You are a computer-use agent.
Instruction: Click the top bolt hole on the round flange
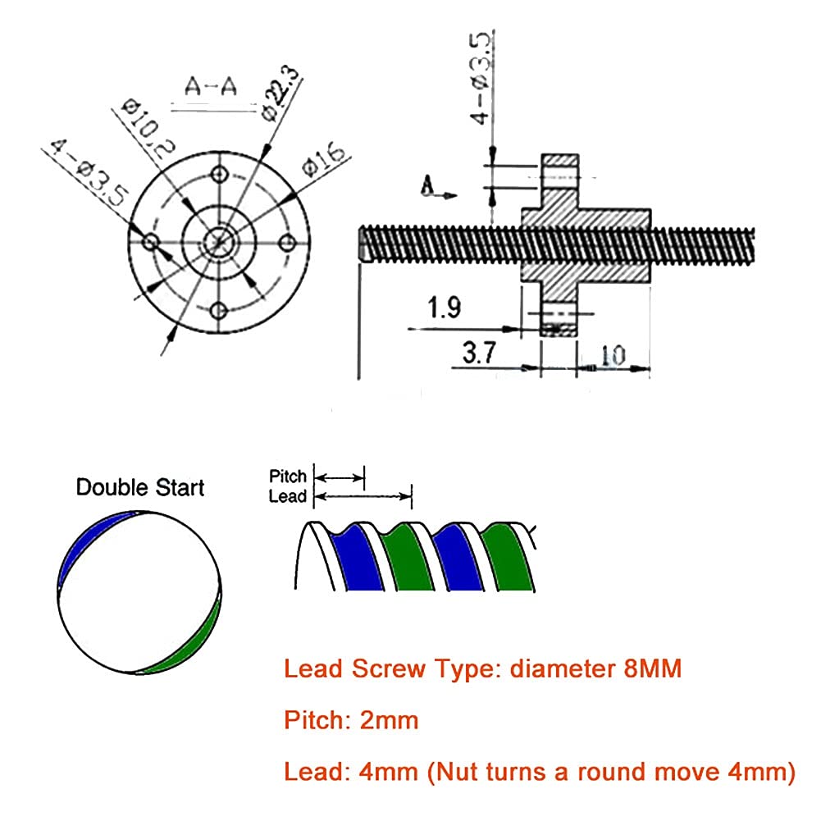(218, 174)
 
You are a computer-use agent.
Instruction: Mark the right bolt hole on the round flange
(287, 243)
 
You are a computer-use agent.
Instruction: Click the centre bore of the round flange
(218, 242)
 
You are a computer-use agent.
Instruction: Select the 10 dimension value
(613, 354)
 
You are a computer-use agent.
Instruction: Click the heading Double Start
(140, 487)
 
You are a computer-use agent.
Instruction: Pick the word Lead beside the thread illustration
(287, 496)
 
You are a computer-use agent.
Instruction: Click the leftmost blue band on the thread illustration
(355, 558)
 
